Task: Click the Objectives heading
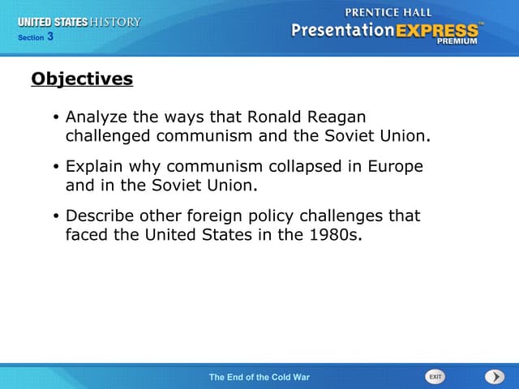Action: click(82, 79)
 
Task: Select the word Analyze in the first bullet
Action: click(94, 118)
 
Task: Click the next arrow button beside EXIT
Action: click(494, 377)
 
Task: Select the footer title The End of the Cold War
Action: click(259, 378)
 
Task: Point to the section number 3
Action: click(50, 36)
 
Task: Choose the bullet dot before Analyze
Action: click(55, 118)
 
